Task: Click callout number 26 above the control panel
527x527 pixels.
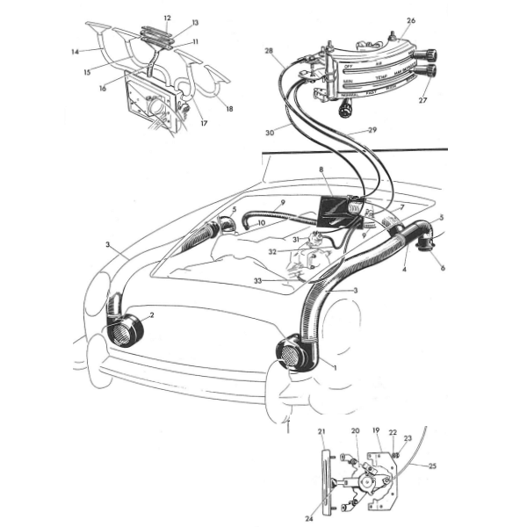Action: (x=411, y=19)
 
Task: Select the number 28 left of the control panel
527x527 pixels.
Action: (x=268, y=52)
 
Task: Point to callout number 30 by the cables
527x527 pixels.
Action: (x=270, y=132)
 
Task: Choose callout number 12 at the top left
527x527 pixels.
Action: (x=167, y=18)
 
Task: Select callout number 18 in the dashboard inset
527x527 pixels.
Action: (x=230, y=109)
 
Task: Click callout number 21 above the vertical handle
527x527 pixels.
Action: (x=321, y=430)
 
